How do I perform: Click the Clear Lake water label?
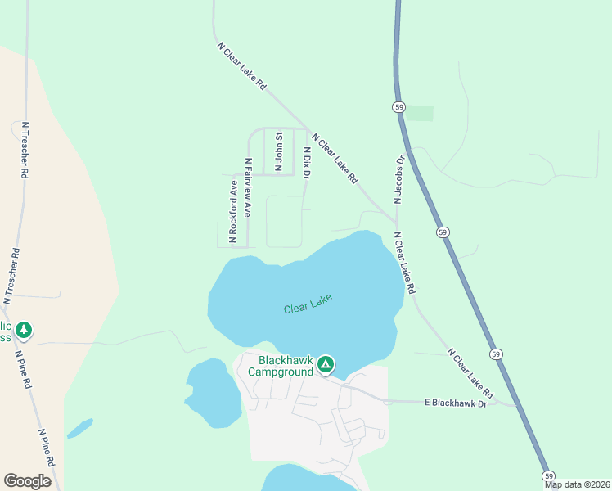[x=308, y=304]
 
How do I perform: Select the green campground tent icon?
[x=326, y=364]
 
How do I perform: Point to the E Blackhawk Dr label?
[x=455, y=403]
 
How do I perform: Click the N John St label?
[x=279, y=151]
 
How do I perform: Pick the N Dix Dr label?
[x=307, y=164]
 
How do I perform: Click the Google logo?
[x=28, y=481]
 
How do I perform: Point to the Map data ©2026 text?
[x=577, y=484]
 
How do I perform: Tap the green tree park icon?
[x=24, y=330]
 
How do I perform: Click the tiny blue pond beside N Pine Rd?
[x=79, y=428]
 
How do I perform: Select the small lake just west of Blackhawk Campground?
[x=213, y=394]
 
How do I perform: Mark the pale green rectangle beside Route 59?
[x=421, y=113]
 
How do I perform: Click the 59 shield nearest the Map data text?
[x=548, y=475]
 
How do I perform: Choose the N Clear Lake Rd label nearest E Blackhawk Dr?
[x=471, y=372]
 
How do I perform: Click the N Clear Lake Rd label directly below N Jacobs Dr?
[x=404, y=263]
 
